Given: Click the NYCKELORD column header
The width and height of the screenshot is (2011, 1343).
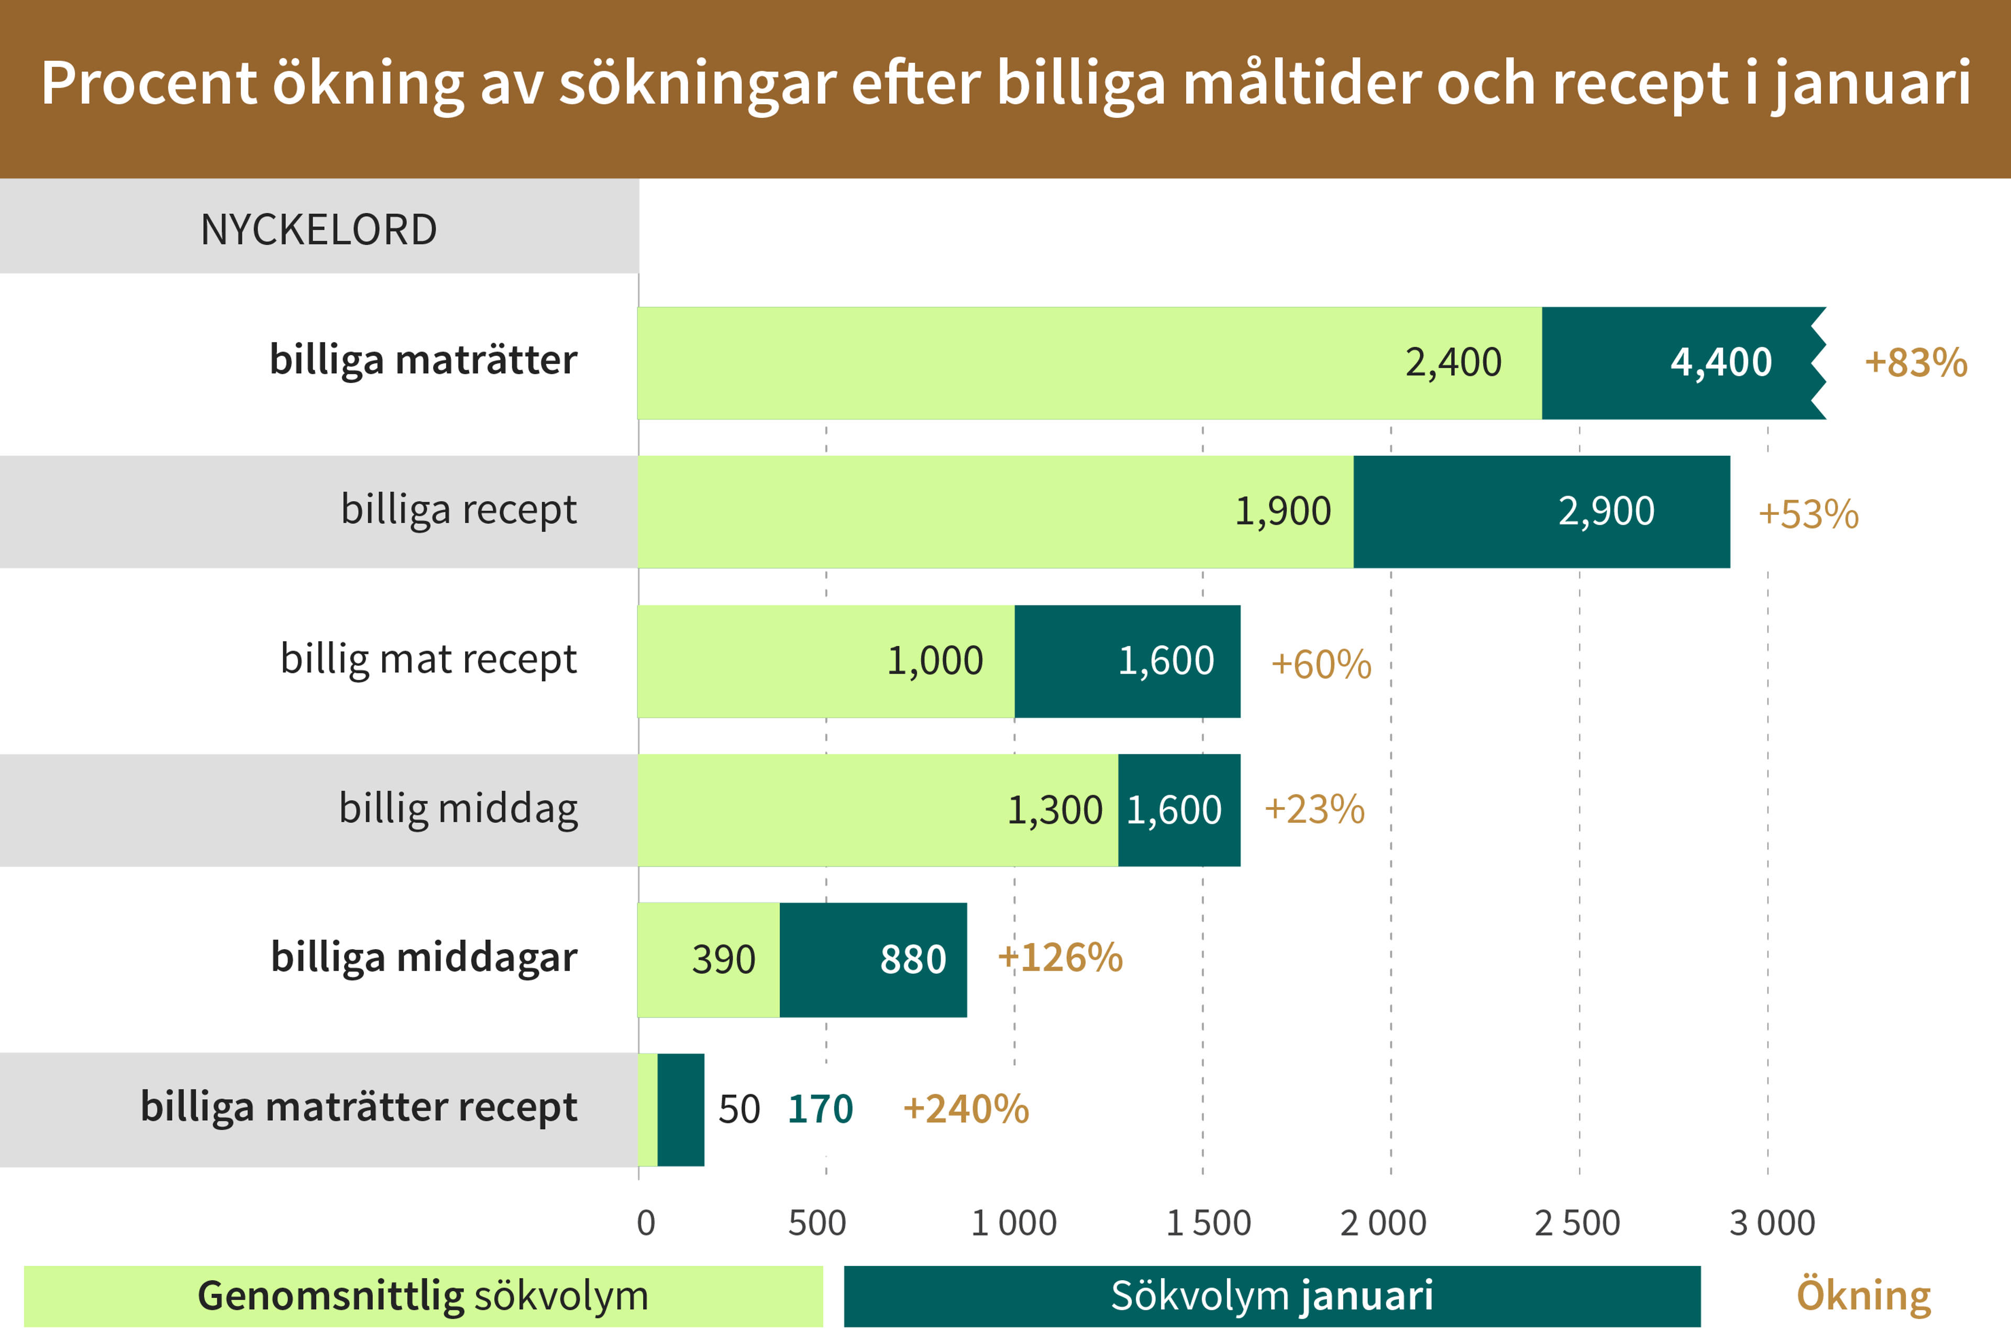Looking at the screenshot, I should click(318, 229).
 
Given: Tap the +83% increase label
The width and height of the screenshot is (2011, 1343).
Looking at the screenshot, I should click(1915, 362).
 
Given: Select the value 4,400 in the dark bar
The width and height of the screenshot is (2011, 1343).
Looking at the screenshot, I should click(1721, 362).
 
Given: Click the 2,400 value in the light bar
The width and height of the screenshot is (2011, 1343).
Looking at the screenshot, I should click(1453, 362).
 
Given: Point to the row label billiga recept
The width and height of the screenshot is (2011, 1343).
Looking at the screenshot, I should click(459, 510).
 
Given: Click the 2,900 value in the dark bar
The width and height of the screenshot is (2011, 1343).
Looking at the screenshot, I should click(1606, 511).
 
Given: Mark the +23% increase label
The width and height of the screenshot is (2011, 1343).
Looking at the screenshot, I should click(1314, 809).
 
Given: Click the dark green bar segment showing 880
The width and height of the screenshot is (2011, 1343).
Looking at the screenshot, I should click(873, 959).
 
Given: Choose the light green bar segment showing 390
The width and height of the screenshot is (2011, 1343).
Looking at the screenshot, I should click(709, 959).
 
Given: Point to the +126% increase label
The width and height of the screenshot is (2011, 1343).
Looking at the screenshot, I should click(1060, 957).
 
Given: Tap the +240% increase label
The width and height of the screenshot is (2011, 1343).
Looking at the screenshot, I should click(966, 1109).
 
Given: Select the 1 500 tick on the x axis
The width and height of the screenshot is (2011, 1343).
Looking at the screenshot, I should click(1208, 1223).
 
